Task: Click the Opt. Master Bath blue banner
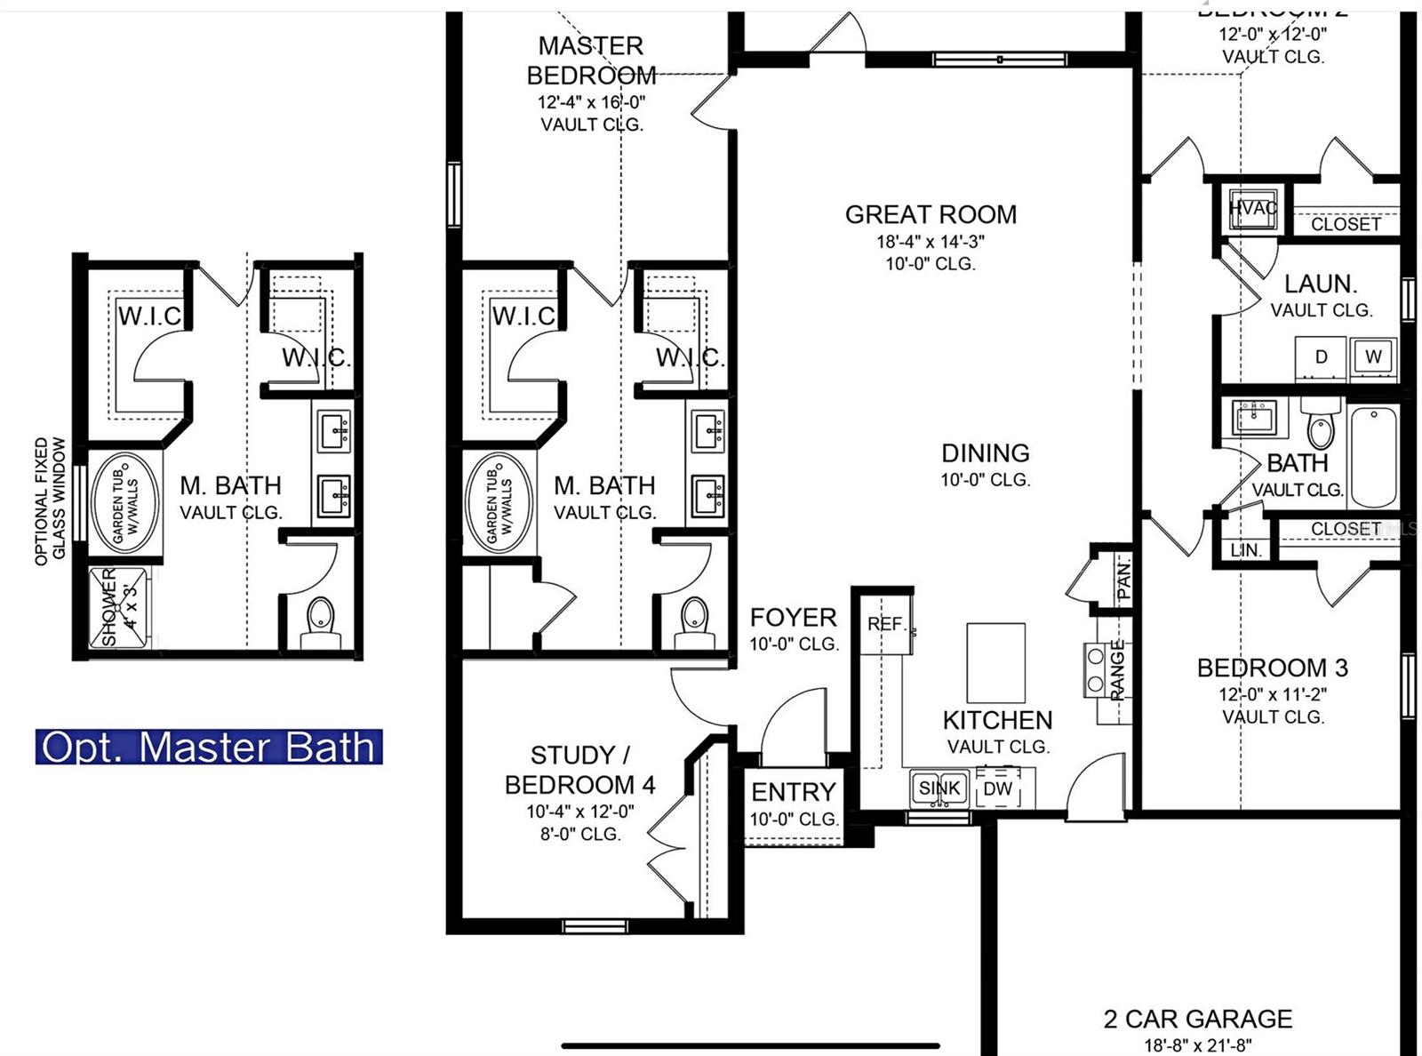pyautogui.click(x=209, y=747)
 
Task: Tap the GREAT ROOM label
pyautogui.click(x=931, y=214)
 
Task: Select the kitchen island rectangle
pyautogui.click(x=995, y=663)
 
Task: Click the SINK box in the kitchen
pyautogui.click(x=939, y=788)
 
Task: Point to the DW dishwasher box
pyautogui.click(x=998, y=788)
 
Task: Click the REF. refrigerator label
pyautogui.click(x=884, y=624)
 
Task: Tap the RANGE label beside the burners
pyautogui.click(x=1117, y=668)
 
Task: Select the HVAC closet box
pyautogui.click(x=1252, y=209)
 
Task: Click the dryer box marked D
pyautogui.click(x=1321, y=356)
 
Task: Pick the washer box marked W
pyautogui.click(x=1373, y=356)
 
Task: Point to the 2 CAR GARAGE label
pyautogui.click(x=1197, y=1019)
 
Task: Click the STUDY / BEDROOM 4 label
pyautogui.click(x=579, y=770)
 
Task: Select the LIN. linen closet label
pyautogui.click(x=1246, y=550)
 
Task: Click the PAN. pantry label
pyautogui.click(x=1123, y=579)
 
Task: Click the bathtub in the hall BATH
pyautogui.click(x=1373, y=455)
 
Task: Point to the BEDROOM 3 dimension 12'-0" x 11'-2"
pyautogui.click(x=1272, y=694)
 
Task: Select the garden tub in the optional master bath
pyautogui.click(x=125, y=503)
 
